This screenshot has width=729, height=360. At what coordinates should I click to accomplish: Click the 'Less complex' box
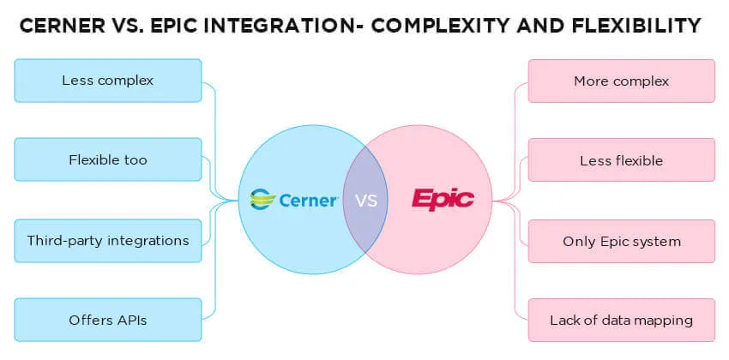[x=108, y=81]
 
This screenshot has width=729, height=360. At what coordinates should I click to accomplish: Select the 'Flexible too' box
[x=108, y=159]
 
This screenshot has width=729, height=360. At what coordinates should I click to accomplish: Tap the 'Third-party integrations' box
[x=108, y=240]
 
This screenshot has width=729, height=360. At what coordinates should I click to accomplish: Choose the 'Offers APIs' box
[x=108, y=320]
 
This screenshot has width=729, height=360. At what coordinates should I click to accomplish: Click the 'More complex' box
[x=621, y=81]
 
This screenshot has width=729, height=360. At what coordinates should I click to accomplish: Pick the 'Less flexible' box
[x=621, y=160]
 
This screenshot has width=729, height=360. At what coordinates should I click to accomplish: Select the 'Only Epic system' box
[x=621, y=241]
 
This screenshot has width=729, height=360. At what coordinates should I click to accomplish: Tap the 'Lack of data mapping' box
[x=621, y=321]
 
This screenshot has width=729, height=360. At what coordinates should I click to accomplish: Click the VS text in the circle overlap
[x=366, y=201]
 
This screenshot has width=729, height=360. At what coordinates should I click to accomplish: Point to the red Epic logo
[x=443, y=200]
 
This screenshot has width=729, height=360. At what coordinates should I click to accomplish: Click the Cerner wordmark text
[x=308, y=201]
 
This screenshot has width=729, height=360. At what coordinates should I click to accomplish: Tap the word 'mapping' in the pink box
[x=662, y=321]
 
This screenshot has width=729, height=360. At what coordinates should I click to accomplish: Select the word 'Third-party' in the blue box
[x=64, y=240]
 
